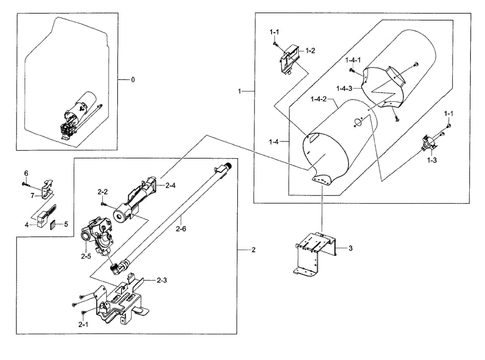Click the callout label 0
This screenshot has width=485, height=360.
[x=133, y=80]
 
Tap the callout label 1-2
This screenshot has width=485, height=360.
[x=310, y=51]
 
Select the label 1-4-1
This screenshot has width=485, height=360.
[x=353, y=60]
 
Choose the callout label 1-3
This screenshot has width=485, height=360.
[x=432, y=160]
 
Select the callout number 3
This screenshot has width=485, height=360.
[x=350, y=248]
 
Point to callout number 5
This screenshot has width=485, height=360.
[x=67, y=223]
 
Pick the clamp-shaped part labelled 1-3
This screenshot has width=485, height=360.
[x=428, y=143]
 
